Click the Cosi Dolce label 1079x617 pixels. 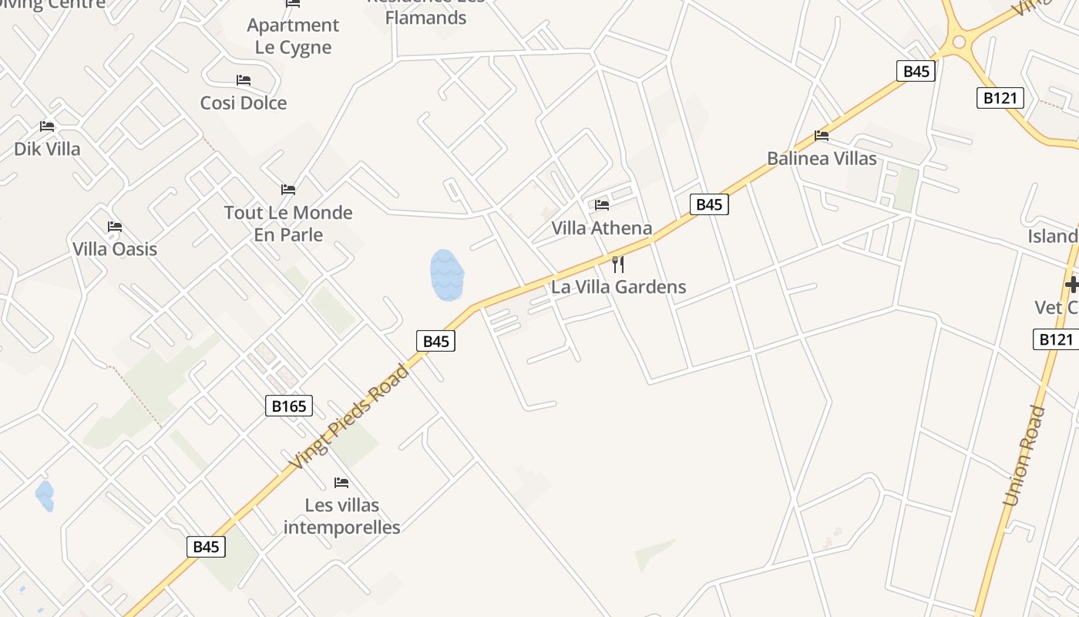[x=244, y=103]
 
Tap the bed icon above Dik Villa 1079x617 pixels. [x=47, y=126]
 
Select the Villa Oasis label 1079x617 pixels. [x=115, y=248]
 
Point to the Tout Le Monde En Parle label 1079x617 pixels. [x=288, y=223]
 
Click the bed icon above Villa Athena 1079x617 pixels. [x=602, y=204]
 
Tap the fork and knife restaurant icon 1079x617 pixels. [x=617, y=265]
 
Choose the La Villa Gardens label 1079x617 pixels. [x=618, y=287]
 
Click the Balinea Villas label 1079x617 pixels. [x=822, y=158]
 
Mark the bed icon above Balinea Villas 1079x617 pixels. [x=822, y=136]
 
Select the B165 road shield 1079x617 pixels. [x=289, y=406]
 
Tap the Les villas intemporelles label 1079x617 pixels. [x=342, y=516]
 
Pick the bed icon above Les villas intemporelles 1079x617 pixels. [x=341, y=483]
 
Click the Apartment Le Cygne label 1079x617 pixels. [x=293, y=35]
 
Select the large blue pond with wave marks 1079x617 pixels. [x=447, y=275]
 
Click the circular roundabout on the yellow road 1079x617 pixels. [x=959, y=42]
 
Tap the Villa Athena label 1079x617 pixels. [x=602, y=228]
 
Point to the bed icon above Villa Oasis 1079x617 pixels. [x=115, y=227]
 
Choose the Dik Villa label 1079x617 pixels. [x=47, y=148]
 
